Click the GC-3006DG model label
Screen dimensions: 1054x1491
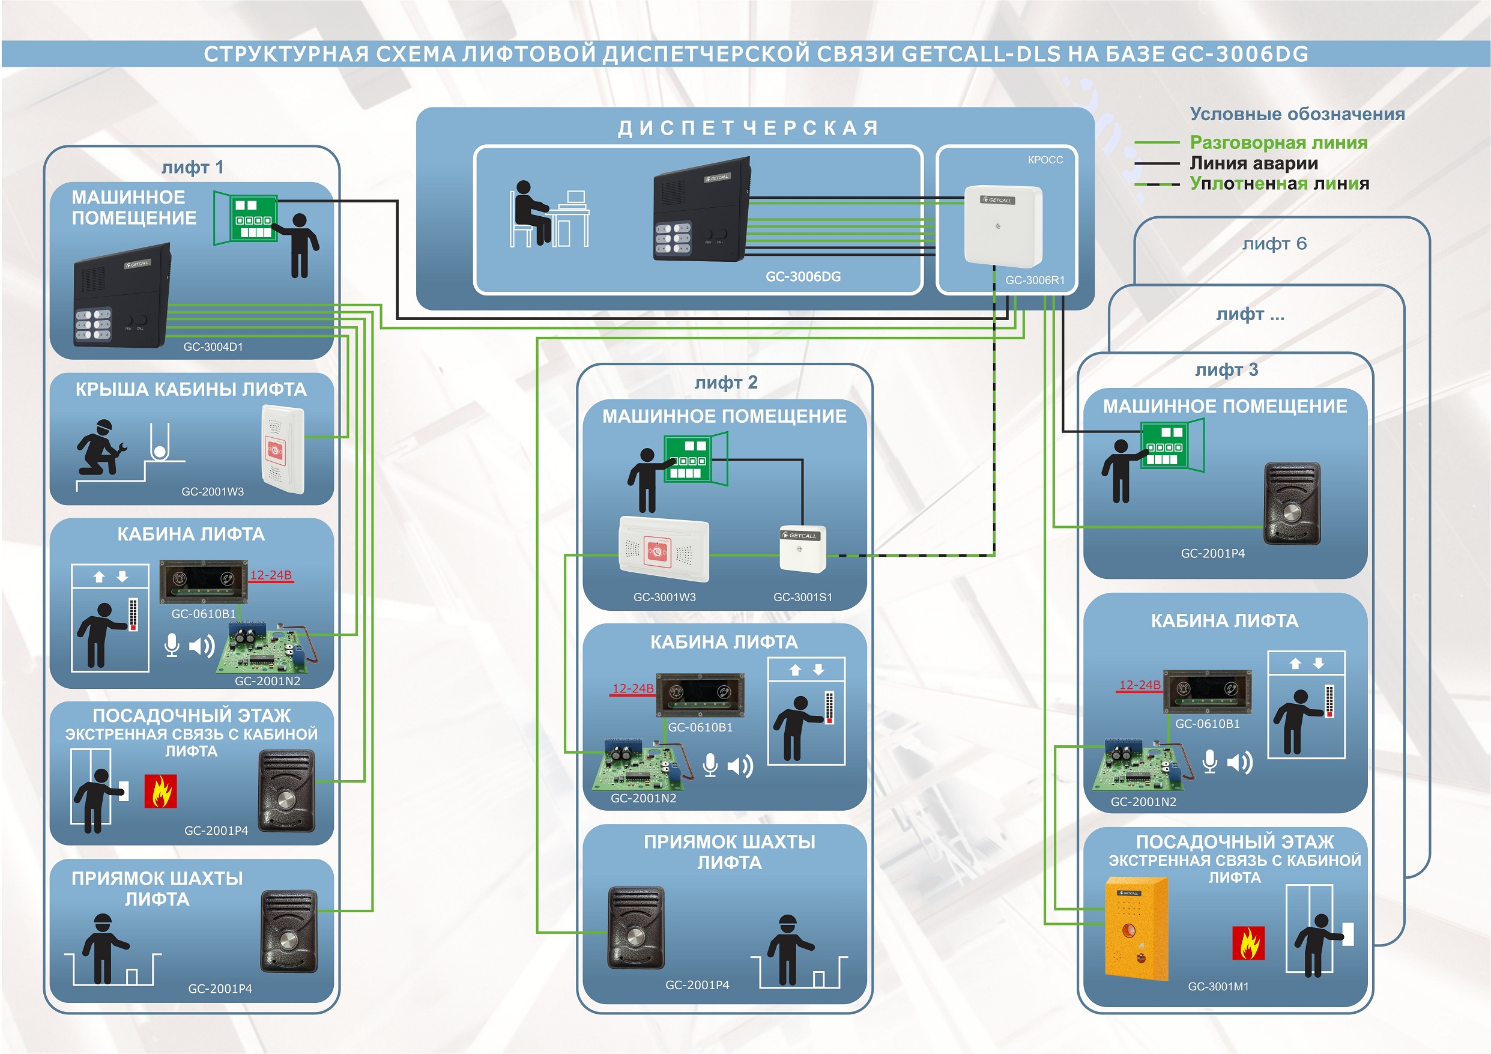coord(803,277)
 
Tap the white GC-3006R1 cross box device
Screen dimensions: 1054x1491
coord(1003,226)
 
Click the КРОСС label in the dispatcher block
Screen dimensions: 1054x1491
coord(1045,160)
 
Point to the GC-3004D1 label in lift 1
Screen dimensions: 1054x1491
coord(213,347)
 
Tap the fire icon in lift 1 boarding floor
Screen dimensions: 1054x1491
coord(160,791)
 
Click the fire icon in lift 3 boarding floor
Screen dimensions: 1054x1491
coord(1248,943)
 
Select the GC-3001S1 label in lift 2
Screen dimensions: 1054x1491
coord(803,598)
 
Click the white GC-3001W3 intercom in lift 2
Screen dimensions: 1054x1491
coord(664,549)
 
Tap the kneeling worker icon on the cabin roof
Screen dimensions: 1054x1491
coord(101,447)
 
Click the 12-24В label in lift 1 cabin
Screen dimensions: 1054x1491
coord(271,575)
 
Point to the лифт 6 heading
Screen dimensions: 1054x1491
coord(1274,244)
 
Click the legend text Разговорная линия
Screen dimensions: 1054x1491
coord(1278,143)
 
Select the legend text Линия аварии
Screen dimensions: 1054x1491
coord(1253,163)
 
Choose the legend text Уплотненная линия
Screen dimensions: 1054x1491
coord(1278,184)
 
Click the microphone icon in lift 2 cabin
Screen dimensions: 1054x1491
coord(710,765)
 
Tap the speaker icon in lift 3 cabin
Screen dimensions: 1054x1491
coord(1239,762)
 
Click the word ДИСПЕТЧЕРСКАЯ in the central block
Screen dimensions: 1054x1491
coord(748,128)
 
